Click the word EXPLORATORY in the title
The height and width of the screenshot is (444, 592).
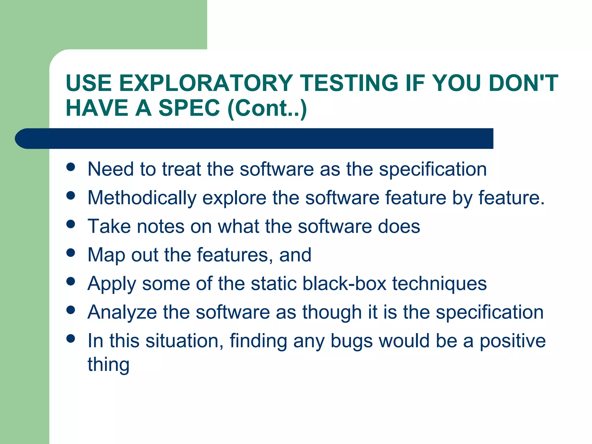click(x=206, y=83)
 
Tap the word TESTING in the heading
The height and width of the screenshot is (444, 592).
click(x=349, y=83)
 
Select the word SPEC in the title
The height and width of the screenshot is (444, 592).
click(x=189, y=108)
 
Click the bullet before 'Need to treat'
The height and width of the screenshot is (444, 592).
click(x=71, y=167)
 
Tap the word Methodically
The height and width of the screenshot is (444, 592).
click(x=142, y=198)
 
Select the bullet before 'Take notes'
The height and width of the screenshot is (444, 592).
click(x=71, y=224)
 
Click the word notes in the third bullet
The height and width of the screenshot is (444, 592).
click(x=160, y=226)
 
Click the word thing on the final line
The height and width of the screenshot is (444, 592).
click(x=108, y=365)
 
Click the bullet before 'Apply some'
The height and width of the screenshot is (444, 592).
click(x=71, y=281)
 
